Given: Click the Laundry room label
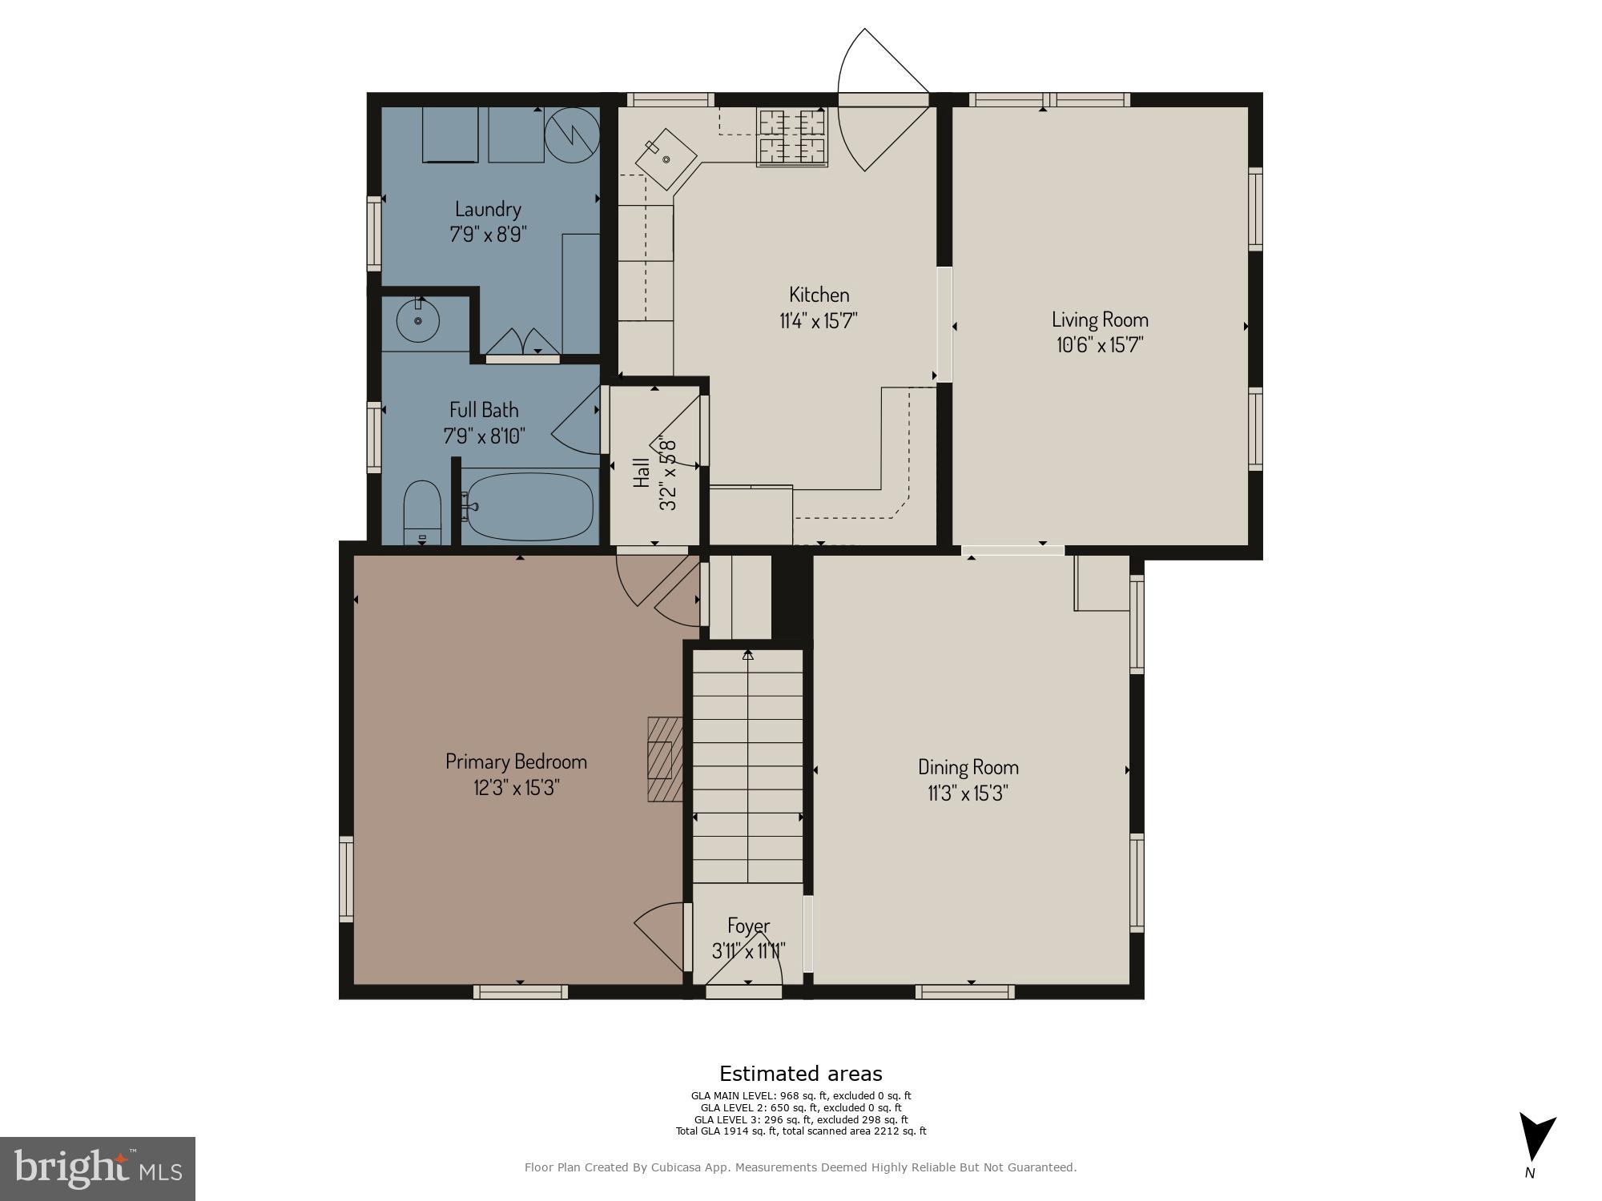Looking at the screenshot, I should pos(488,210).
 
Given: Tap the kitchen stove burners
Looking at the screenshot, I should pos(792,137).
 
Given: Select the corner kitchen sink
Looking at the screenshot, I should pos(666,159).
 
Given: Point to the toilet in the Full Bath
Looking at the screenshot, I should pos(422,512).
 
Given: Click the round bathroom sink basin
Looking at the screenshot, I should pos(417,320).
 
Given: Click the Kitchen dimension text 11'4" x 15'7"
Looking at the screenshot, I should pos(818,321).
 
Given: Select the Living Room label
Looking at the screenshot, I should pos(1099,319).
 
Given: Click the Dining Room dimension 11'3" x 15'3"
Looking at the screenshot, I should pos(968,793).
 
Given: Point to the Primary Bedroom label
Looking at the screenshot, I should pos(516,761).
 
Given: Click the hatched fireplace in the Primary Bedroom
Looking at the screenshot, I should pos(664,759).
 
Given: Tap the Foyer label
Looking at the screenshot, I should pos(748,926).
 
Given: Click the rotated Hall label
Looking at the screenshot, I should pos(642,473).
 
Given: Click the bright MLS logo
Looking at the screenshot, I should pos(97,1168).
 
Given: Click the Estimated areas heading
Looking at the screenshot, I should pos(800,1074).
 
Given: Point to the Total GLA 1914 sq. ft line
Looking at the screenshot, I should pos(800,1131).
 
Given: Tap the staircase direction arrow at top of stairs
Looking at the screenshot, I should pos(748,655).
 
